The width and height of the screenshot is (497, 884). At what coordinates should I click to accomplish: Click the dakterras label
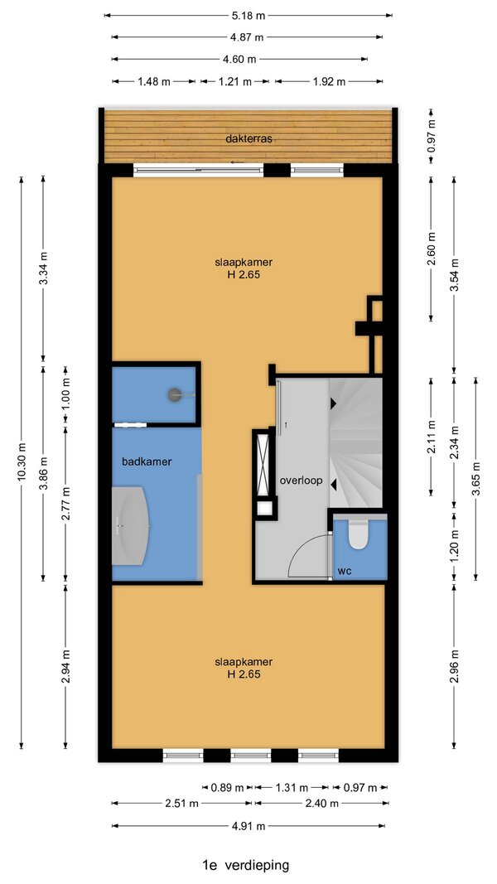pyautogui.click(x=248, y=138)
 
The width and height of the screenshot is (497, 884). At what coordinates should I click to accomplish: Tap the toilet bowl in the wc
pyautogui.click(x=357, y=534)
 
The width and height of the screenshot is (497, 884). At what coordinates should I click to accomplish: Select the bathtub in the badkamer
pyautogui.click(x=131, y=526)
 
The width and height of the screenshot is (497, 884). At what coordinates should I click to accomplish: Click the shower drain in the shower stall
pyautogui.click(x=174, y=394)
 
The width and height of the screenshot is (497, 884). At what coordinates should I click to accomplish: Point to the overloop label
pyautogui.click(x=301, y=481)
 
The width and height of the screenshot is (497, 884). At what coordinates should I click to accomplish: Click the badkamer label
pyautogui.click(x=147, y=461)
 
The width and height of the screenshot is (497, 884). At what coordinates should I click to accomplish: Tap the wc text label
pyautogui.click(x=345, y=571)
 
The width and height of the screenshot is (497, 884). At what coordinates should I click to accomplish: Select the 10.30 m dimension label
pyautogui.click(x=22, y=461)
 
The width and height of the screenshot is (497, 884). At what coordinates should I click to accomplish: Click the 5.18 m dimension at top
pyautogui.click(x=248, y=16)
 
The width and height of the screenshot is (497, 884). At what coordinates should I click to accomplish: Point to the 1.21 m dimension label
pyautogui.click(x=235, y=82)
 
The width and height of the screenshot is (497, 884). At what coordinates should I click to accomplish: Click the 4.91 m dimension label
pyautogui.click(x=248, y=827)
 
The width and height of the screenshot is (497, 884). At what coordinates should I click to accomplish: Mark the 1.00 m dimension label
pyautogui.click(x=66, y=394)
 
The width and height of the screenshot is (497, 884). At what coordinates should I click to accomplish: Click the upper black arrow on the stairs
pyautogui.click(x=334, y=403)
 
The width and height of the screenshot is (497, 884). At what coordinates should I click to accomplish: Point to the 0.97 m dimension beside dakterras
pyautogui.click(x=431, y=137)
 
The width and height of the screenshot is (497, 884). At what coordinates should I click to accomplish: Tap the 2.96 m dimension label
pyautogui.click(x=455, y=667)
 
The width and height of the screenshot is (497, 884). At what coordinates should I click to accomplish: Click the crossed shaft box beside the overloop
pyautogui.click(x=263, y=461)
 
